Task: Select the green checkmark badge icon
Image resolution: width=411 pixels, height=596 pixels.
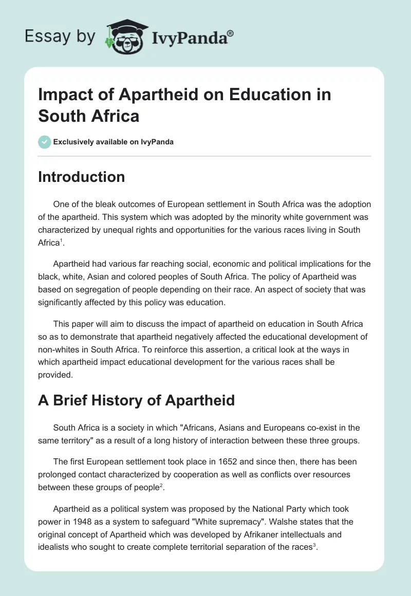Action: pyautogui.click(x=45, y=142)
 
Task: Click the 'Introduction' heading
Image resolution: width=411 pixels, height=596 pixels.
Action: pyautogui.click(x=81, y=177)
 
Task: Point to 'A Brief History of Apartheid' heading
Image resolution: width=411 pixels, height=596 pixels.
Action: pyautogui.click(x=136, y=400)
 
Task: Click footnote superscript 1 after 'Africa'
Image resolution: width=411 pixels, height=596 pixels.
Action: pyautogui.click(x=62, y=241)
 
